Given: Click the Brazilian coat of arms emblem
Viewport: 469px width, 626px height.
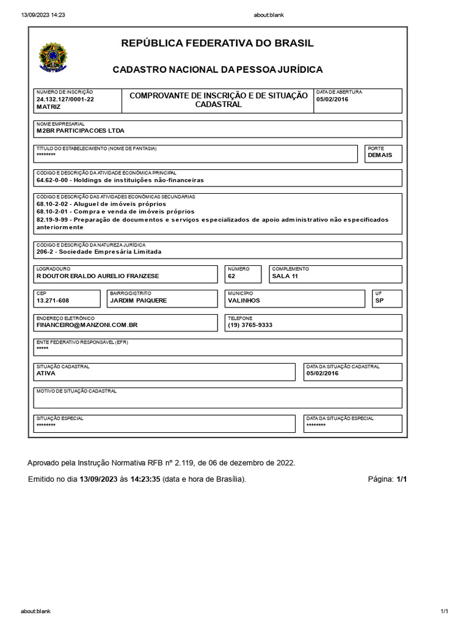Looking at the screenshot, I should [x=53, y=57].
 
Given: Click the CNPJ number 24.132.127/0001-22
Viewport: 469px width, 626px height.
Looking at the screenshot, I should [x=65, y=99].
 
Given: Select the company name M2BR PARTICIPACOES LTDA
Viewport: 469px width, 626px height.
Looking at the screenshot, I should [x=80, y=131].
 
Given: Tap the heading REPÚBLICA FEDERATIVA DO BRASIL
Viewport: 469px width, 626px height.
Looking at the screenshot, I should [x=217, y=43].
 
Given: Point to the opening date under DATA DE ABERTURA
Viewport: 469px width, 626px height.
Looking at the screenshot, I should [x=332, y=99].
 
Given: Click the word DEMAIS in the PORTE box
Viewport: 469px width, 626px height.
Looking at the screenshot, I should [x=380, y=155].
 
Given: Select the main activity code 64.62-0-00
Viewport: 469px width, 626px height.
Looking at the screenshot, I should [x=54, y=180].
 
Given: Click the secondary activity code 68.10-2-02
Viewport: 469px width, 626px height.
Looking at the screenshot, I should [x=54, y=204].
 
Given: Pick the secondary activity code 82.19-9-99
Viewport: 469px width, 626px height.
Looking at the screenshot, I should [x=54, y=219].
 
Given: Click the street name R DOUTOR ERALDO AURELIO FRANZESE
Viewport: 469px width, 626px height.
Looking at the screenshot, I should [x=98, y=276].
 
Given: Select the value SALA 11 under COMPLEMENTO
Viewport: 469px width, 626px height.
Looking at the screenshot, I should [x=285, y=276].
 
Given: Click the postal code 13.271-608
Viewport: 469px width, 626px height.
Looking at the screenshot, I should [x=53, y=301].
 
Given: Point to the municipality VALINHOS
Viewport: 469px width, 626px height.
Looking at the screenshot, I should [x=244, y=301].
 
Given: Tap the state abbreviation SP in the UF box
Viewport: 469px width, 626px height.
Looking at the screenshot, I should [x=380, y=301].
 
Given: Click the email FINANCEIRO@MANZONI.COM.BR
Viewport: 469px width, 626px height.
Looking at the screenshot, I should [x=87, y=325].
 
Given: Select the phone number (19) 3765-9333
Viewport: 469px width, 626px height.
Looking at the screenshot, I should [x=250, y=325].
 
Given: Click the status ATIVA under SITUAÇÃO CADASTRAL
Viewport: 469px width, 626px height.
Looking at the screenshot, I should [x=46, y=373].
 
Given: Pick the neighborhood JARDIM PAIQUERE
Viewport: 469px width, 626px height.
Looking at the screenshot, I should [x=139, y=301].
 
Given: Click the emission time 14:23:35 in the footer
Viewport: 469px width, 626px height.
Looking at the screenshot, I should [x=145, y=479].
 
